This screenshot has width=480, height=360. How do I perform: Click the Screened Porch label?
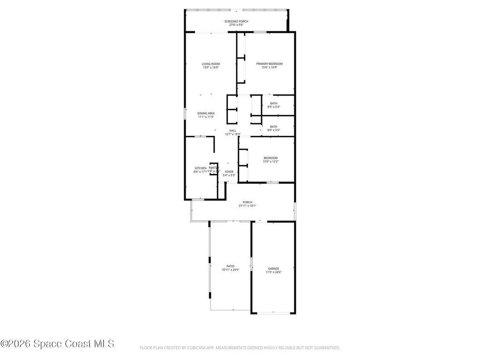coord(236,22)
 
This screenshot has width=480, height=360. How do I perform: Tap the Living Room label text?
coord(211,64)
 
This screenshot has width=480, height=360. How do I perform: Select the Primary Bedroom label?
coord(269,64)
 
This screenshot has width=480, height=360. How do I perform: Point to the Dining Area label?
coord(206,113)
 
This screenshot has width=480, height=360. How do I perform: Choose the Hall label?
coord(232,131)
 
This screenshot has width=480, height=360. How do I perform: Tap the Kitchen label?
coord(201,168)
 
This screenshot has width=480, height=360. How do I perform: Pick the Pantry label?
coord(213,168)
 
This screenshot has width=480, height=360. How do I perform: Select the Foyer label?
coord(229,172)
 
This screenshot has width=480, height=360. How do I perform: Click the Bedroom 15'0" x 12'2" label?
coord(270,158)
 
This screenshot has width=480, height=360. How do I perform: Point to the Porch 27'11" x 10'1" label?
coord(247,202)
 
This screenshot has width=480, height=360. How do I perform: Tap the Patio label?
coord(231,266)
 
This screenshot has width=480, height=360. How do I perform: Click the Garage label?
coord(274,269)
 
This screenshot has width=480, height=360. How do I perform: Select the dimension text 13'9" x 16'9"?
coord(211,67)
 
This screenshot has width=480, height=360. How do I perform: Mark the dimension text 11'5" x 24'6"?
coord(274,272)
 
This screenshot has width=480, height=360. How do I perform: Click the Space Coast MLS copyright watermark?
coord(57,344)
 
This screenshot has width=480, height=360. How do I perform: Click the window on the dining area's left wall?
coord(185,113)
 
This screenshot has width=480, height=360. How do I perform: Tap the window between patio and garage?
coord(251,263)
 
